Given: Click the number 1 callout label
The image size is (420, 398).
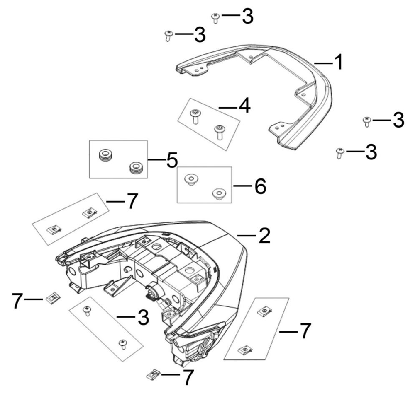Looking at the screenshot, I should (x=339, y=63).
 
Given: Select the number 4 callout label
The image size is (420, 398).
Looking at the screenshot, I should (x=244, y=106).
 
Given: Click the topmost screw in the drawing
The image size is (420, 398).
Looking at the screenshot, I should (x=215, y=17).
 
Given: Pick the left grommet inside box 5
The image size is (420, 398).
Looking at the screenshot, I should (x=106, y=155).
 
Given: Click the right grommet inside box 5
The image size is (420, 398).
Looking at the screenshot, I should (x=135, y=168).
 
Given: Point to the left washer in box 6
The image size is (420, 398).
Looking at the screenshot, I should (x=190, y=179).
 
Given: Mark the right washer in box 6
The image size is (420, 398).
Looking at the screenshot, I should (x=218, y=193).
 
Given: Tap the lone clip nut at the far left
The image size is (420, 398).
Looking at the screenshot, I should (x=52, y=297).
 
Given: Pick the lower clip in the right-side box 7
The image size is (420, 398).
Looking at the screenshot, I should (x=244, y=350).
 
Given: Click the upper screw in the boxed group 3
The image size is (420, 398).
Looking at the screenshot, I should (x=88, y=311).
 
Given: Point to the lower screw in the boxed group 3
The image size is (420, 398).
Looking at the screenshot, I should (x=122, y=344).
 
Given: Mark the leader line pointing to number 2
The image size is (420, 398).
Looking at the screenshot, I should (x=247, y=235).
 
